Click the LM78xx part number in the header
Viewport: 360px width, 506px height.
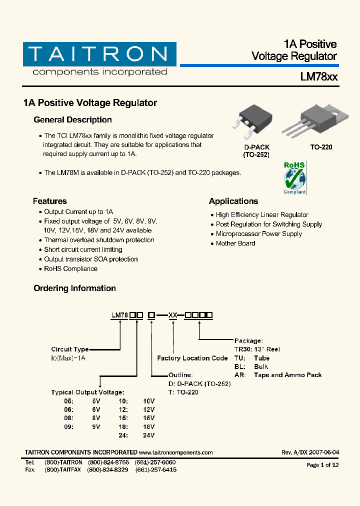318,77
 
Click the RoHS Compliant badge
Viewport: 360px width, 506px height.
294,177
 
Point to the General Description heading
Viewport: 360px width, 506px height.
72,120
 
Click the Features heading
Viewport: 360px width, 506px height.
49,201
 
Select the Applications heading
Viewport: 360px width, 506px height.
233,201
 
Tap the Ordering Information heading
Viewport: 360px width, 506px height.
74,288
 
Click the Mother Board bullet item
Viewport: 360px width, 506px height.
235,243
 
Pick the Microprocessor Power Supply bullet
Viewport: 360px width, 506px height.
258,234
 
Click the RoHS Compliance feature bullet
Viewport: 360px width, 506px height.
70,269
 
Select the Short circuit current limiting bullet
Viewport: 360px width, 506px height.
83,250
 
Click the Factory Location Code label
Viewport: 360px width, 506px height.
192,358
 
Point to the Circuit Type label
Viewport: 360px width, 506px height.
70,349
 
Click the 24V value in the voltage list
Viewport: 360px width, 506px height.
149,435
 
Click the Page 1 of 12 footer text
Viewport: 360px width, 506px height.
322,465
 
